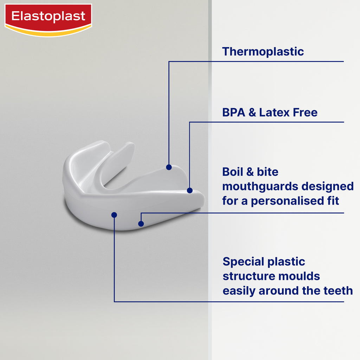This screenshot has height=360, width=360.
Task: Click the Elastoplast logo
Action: (x=48, y=20)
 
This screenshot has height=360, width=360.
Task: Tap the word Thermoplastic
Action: (x=263, y=52)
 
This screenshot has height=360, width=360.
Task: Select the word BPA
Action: (x=233, y=112)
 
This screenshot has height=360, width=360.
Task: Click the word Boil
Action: (x=233, y=172)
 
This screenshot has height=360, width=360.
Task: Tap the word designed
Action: (x=327, y=187)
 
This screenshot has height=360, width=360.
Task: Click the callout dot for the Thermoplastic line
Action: (x=169, y=167)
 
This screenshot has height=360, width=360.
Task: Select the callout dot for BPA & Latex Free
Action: (x=189, y=190)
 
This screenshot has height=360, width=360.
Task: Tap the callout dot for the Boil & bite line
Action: (x=141, y=224)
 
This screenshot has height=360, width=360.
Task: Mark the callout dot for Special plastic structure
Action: (x=114, y=215)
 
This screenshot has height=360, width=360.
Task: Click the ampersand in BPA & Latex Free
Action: (x=252, y=112)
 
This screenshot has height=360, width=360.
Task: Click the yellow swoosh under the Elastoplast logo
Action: (x=48, y=32)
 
